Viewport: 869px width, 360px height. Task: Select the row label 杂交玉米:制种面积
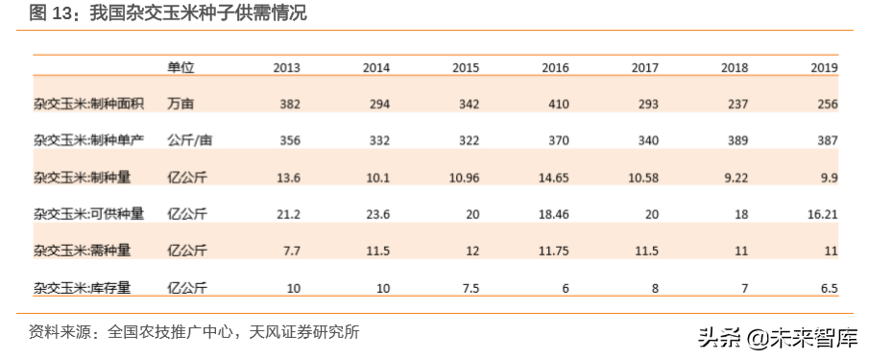[88, 104]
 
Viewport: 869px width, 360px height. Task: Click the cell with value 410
[558, 104]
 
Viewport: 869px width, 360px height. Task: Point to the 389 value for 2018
[736, 140]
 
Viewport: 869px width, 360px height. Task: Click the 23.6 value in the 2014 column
[375, 213]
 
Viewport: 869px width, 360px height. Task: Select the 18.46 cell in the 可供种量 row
[552, 213]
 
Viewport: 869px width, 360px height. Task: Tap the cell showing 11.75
[552, 250]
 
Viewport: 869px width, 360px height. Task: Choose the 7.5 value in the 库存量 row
[470, 286]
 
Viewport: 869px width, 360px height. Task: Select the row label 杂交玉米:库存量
[88, 286]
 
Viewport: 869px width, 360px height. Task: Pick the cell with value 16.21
[822, 213]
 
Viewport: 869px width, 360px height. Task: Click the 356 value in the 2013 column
[289, 140]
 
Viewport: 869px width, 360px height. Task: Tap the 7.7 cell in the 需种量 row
[291, 250]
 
